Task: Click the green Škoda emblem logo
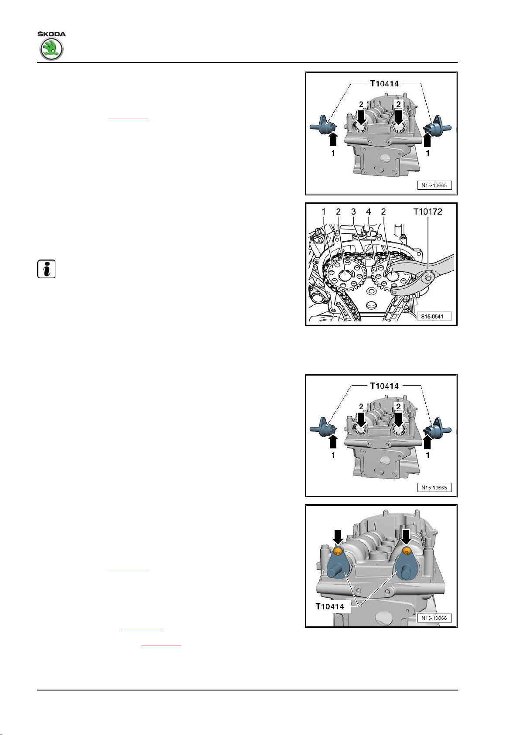[51, 49]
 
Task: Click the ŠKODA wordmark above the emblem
[51, 34]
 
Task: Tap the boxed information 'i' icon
[46, 269]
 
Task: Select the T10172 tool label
[428, 212]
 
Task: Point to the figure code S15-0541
[432, 316]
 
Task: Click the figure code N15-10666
[434, 618]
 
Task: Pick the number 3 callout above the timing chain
[353, 212]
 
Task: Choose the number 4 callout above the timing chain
[369, 212]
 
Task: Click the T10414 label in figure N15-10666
[330, 606]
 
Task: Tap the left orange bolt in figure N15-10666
[338, 552]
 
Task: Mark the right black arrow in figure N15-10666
[406, 536]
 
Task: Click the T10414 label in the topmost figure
[384, 84]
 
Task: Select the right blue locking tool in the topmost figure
[437, 126]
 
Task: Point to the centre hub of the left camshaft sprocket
[344, 276]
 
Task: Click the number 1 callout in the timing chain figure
[324, 212]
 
